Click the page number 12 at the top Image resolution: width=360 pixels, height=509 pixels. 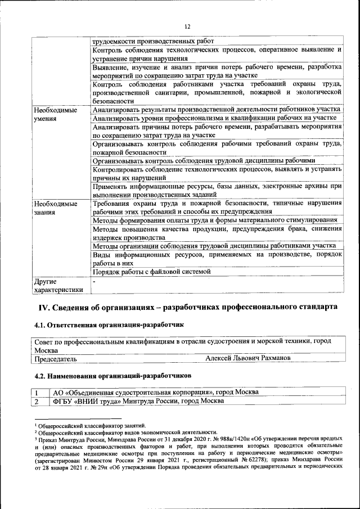(x=187, y=26)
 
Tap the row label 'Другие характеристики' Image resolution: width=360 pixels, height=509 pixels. (x=58, y=285)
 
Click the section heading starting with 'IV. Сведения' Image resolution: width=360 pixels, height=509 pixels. (x=187, y=307)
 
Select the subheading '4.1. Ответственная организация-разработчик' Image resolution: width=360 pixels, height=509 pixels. (x=109, y=325)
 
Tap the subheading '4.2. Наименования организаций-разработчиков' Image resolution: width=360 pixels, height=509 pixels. (x=112, y=375)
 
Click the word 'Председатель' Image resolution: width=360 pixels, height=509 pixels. (x=56, y=358)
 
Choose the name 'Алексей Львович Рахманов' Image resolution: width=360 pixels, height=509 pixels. (x=248, y=358)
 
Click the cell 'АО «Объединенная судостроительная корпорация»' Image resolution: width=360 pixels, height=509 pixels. (x=155, y=392)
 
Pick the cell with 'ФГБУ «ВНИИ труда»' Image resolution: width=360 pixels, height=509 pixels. (x=138, y=401)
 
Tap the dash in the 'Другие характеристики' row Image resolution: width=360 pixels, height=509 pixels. (x=94, y=280)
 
